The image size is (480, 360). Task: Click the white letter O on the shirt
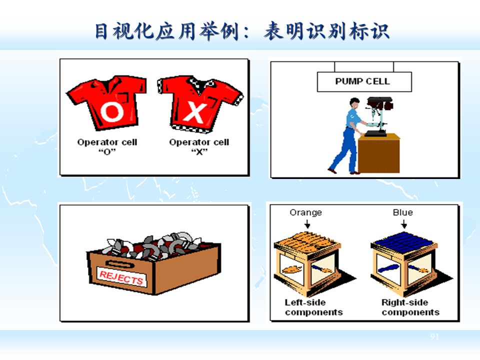(x=111, y=113)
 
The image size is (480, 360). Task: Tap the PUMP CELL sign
(x=364, y=81)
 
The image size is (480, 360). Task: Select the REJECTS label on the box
(x=121, y=277)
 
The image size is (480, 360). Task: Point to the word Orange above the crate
(x=305, y=212)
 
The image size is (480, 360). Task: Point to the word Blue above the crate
(x=402, y=212)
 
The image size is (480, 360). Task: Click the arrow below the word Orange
(x=306, y=224)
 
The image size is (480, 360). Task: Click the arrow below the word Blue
(x=402, y=224)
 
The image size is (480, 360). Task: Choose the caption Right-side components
(x=410, y=307)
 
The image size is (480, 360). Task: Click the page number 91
(x=434, y=337)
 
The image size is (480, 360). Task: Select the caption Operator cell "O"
(x=107, y=146)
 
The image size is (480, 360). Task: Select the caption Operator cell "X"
(x=199, y=146)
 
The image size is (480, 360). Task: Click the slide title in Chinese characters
(x=242, y=31)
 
